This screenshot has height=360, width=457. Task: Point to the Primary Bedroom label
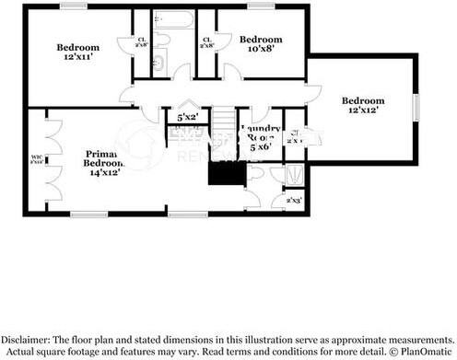pos(103,162)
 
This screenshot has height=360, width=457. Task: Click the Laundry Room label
pos(259,137)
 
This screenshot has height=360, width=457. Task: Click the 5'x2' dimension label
pos(188,118)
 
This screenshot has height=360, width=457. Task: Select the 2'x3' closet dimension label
pos(294,200)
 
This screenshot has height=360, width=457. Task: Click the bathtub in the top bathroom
pos(172,18)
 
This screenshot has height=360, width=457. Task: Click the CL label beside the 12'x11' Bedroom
pos(142,42)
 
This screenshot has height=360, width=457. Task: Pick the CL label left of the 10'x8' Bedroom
pos(207,41)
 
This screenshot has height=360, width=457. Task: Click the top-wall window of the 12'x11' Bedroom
pos(73,7)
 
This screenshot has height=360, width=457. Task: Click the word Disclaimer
pos(31,338)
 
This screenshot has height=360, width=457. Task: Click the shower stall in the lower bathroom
pos(295,175)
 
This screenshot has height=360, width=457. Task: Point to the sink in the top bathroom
pos(158,63)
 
